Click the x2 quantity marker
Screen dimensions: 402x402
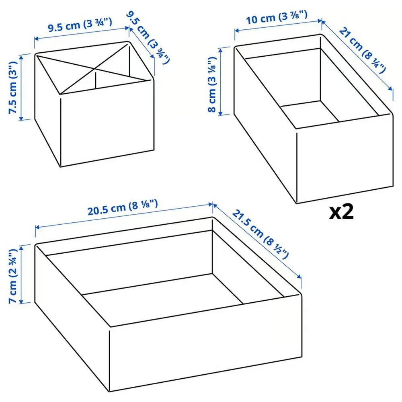point(341,212)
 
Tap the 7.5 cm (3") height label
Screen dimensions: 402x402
point(13,87)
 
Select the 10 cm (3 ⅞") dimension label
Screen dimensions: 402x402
point(277,17)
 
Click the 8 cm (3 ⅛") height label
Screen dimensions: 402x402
point(213,84)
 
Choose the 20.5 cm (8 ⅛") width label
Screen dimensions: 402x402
point(123,208)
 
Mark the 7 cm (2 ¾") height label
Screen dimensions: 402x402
point(13,276)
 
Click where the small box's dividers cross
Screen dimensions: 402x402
point(95,68)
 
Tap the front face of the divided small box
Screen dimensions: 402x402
point(107,123)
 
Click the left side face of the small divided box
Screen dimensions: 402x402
point(48,110)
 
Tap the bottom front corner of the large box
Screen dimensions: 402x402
point(109,392)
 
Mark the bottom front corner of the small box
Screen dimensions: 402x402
point(61,167)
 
